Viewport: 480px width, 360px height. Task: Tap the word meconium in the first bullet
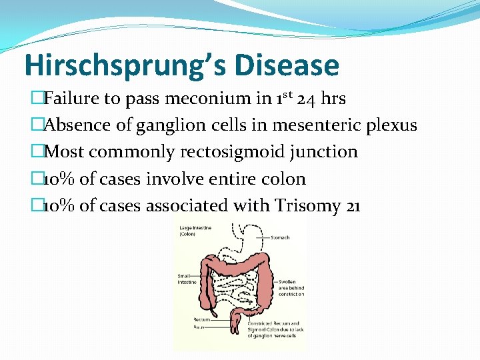click(201, 99)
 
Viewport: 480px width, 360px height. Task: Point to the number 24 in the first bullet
click(306, 99)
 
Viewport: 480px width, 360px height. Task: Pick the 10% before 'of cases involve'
click(59, 179)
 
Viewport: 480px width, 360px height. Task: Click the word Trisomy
click(304, 206)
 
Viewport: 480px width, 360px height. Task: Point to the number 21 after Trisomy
click(353, 206)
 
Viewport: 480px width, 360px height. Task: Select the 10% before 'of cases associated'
click(59, 206)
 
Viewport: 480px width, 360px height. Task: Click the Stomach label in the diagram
click(281, 237)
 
